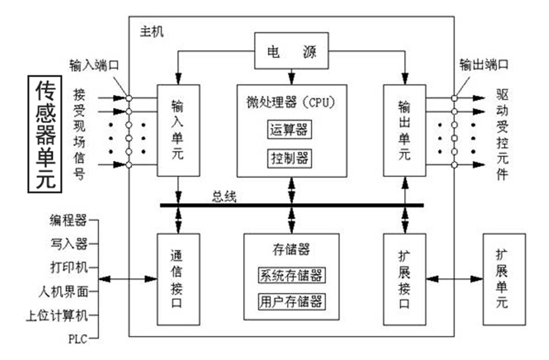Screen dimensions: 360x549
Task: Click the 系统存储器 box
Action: [291, 275]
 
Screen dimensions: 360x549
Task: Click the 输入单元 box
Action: [178, 130]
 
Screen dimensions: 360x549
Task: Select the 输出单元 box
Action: [405, 130]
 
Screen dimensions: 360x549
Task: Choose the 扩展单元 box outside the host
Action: [503, 278]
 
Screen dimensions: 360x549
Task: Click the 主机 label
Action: [152, 31]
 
